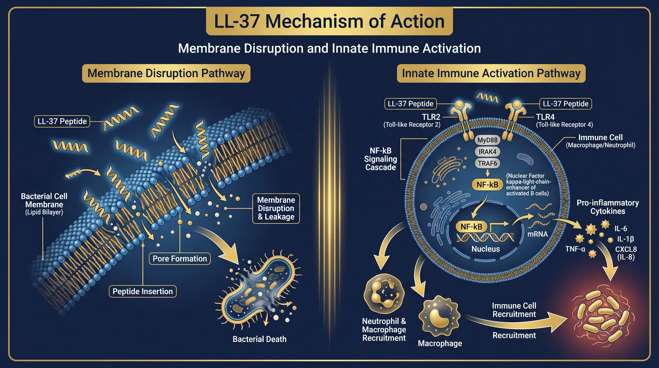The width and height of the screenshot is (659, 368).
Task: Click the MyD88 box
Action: (x=487, y=140)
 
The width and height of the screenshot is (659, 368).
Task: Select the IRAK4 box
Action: (x=487, y=152)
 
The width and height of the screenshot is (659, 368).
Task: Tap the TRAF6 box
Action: (x=487, y=163)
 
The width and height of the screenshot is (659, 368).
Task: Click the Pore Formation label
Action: (x=180, y=259)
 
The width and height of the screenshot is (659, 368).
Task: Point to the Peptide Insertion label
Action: (x=142, y=291)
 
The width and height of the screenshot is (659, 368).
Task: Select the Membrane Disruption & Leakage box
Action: (x=276, y=208)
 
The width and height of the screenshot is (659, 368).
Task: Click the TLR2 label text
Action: (x=431, y=117)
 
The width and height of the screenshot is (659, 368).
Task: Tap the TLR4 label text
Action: (x=545, y=117)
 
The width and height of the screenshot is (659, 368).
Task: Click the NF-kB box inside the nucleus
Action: (x=471, y=227)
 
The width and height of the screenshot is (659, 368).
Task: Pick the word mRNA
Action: (x=537, y=234)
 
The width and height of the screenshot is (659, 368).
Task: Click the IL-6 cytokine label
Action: (x=621, y=229)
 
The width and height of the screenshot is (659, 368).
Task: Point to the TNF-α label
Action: (x=575, y=249)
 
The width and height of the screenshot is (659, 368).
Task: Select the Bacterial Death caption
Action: (x=259, y=339)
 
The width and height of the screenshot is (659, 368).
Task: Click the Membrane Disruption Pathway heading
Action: (x=166, y=73)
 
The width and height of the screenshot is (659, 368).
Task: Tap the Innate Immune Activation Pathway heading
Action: (x=491, y=73)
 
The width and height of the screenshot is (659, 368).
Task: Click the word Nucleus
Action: (x=485, y=249)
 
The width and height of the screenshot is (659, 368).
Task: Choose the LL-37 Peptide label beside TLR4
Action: (x=565, y=104)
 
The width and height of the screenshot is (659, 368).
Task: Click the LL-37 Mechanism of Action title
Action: (x=329, y=21)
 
